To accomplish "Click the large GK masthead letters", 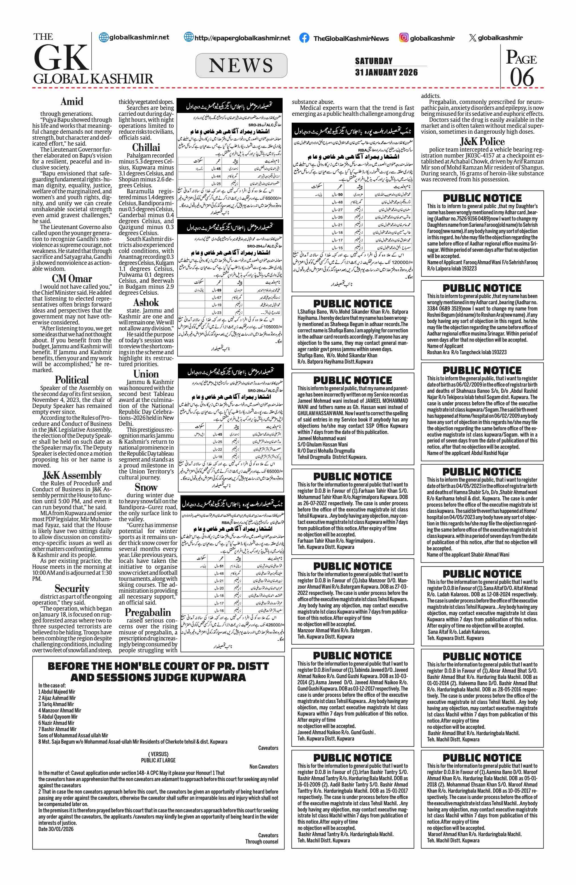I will click(x=61, y=58).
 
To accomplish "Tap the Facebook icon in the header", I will click(x=304, y=38).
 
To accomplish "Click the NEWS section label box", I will click(x=241, y=66).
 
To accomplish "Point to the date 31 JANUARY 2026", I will click(x=386, y=72).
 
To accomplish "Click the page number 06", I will click(x=522, y=77).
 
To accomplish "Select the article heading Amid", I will click(x=72, y=102).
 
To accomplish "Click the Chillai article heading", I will click(x=146, y=147).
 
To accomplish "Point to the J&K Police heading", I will click(x=482, y=142).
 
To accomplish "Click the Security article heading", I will click(x=72, y=588).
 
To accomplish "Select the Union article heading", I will click(x=146, y=374).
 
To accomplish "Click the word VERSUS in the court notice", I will click(x=158, y=754).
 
